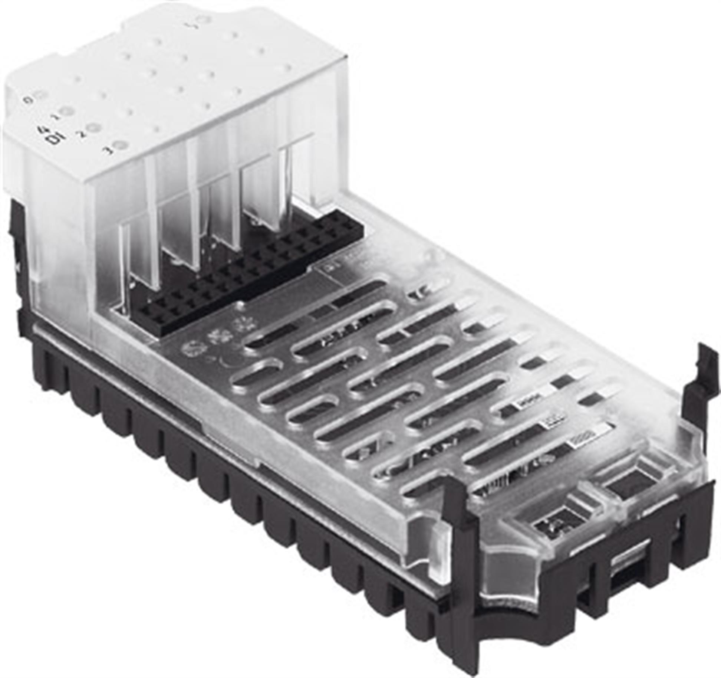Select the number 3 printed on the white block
pos(109,151)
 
